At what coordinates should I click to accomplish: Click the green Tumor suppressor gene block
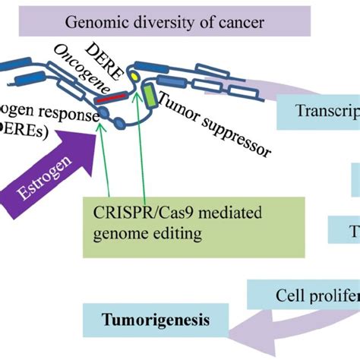[150, 96]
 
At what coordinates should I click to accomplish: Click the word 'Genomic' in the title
[90, 22]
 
